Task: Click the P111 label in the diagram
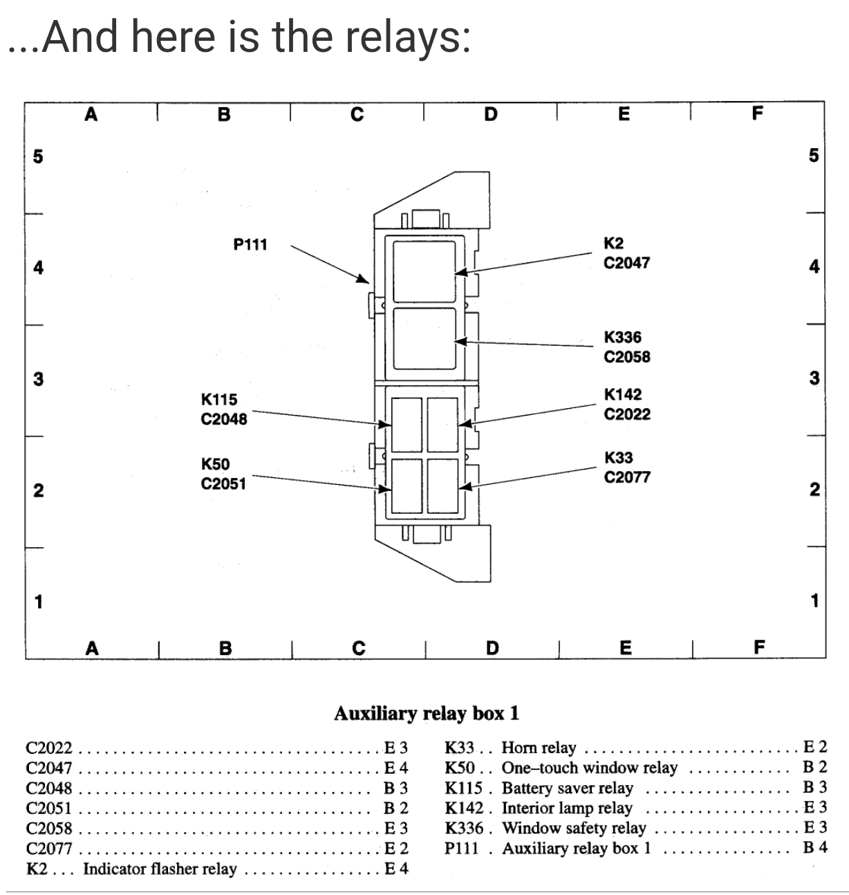point(250,244)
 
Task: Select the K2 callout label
point(613,243)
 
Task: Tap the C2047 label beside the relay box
point(626,263)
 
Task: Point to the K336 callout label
point(622,338)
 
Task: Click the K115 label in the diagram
point(218,399)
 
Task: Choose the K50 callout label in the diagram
point(215,464)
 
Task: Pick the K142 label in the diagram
point(622,394)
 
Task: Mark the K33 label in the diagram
point(618,458)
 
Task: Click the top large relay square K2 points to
point(424,270)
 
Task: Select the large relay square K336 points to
point(424,338)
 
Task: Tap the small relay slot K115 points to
point(407,423)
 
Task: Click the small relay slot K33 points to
point(442,486)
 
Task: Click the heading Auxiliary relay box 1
point(426,713)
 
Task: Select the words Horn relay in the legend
point(539,748)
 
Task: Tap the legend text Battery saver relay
point(567,788)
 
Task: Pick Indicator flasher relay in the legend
point(160,869)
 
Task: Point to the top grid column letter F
point(757,113)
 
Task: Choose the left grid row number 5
point(38,156)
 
